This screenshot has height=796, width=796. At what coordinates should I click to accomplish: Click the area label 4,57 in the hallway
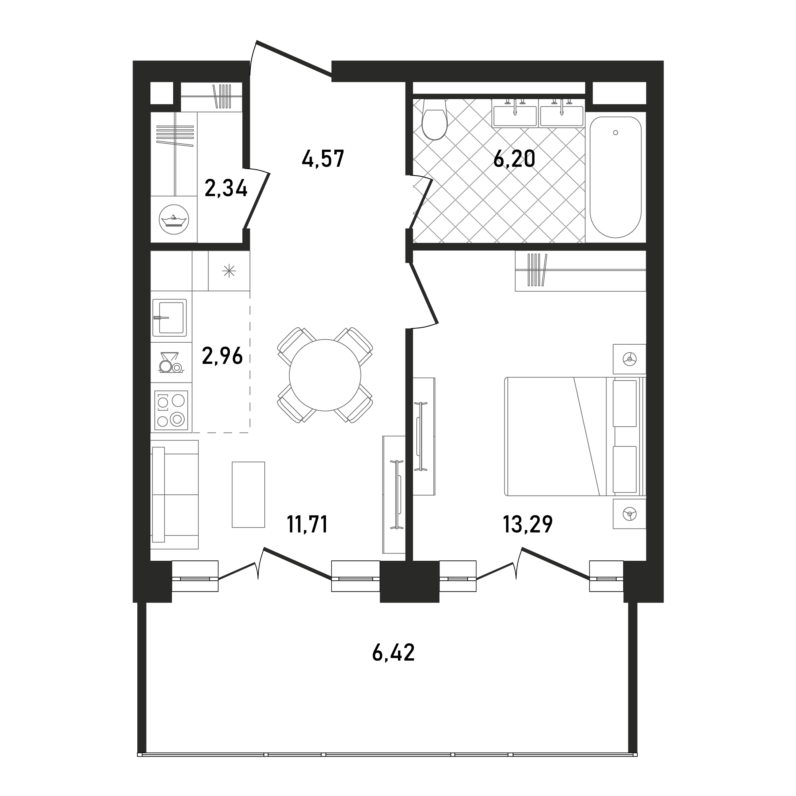pyautogui.click(x=323, y=159)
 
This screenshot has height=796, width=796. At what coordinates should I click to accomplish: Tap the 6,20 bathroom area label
pyautogui.click(x=514, y=159)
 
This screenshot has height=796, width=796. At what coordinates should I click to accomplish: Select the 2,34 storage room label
pyautogui.click(x=226, y=189)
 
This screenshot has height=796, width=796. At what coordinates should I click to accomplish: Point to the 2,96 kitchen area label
pyautogui.click(x=222, y=356)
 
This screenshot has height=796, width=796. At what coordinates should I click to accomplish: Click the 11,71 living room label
pyautogui.click(x=307, y=525)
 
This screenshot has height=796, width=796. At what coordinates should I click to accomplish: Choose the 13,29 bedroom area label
pyautogui.click(x=528, y=525)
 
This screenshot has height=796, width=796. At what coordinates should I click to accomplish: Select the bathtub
pyautogui.click(x=616, y=177)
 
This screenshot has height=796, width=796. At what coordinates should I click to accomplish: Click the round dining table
pyautogui.click(x=325, y=375)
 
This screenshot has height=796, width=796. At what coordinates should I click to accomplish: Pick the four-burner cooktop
pyautogui.click(x=172, y=410)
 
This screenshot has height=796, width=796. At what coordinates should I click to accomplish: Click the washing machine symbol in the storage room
pyautogui.click(x=174, y=219)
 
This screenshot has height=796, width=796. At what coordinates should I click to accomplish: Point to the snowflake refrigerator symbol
pyautogui.click(x=229, y=271)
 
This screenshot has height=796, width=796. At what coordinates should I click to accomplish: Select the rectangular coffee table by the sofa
pyautogui.click(x=248, y=494)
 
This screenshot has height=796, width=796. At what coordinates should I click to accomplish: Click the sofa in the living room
pyautogui.click(x=175, y=494)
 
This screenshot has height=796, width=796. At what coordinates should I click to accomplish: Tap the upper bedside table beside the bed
pyautogui.click(x=629, y=359)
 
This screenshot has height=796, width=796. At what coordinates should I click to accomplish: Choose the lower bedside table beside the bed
pyautogui.click(x=629, y=514)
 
